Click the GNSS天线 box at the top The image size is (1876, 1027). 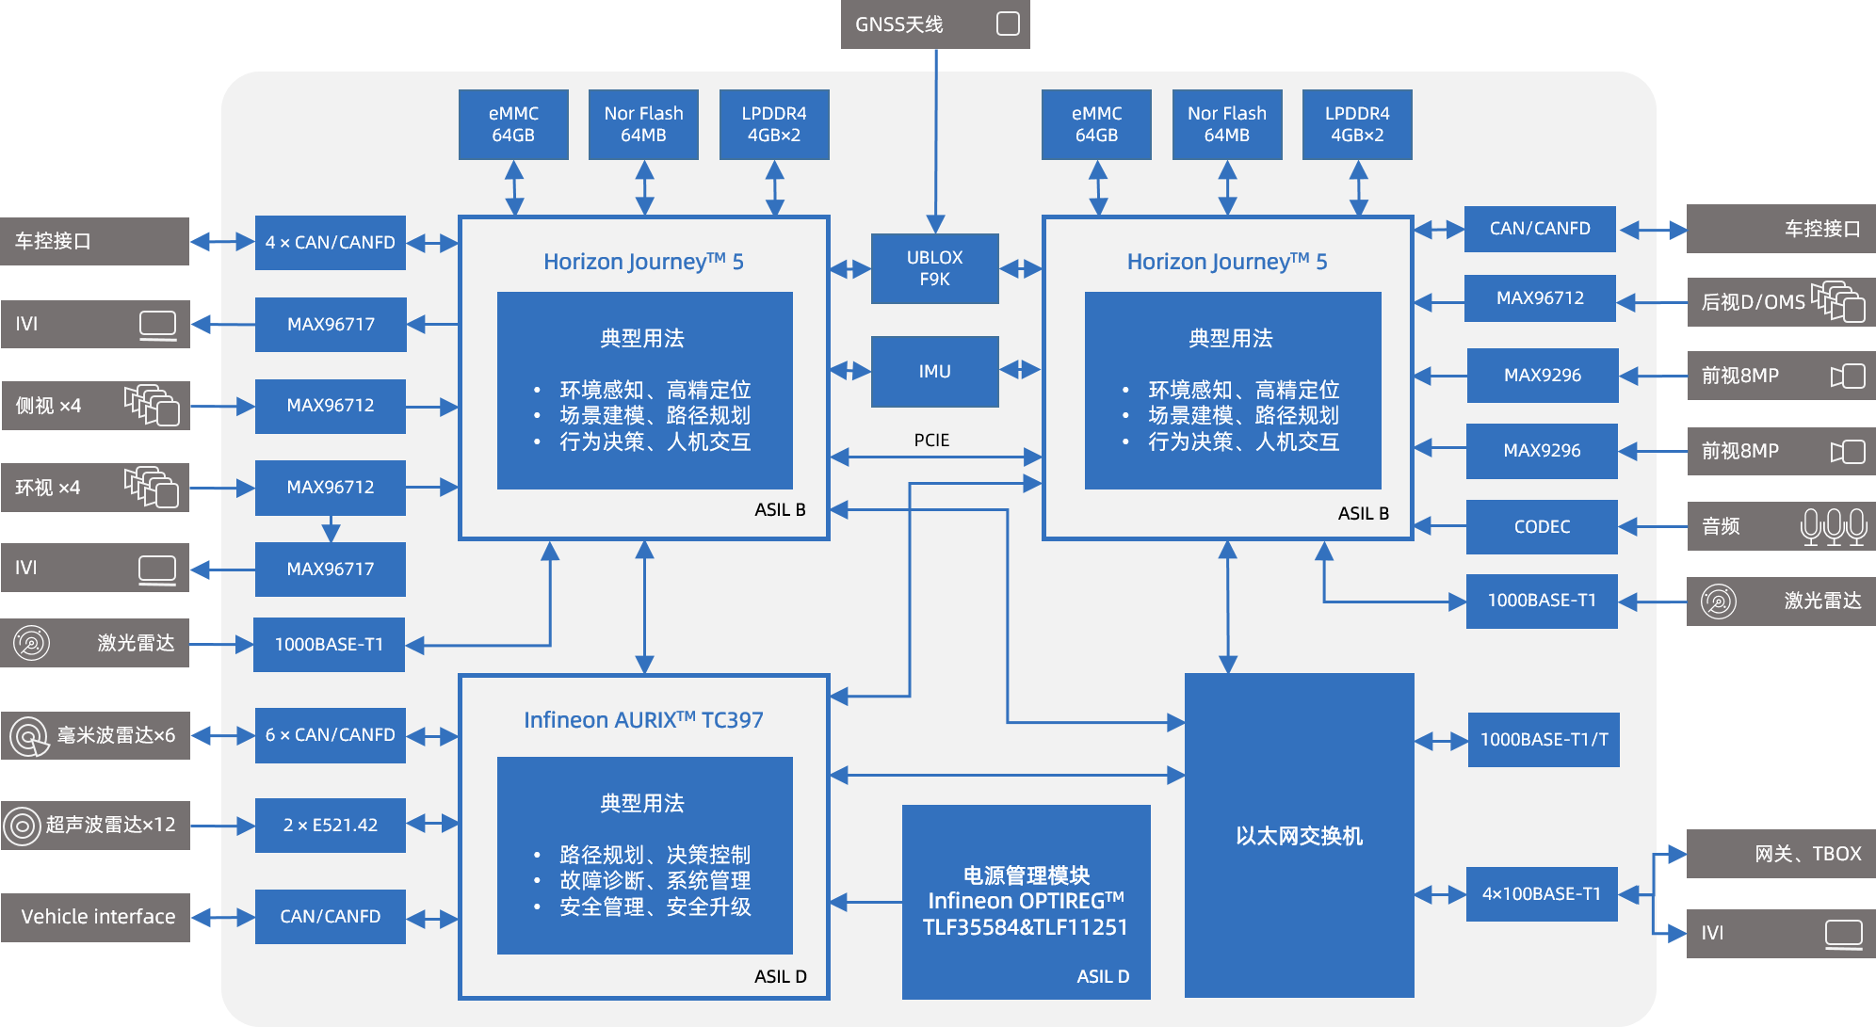pos(934,24)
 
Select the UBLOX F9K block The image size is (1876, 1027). pos(934,268)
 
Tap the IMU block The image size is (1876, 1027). pos(934,372)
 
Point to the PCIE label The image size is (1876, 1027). pos(931,441)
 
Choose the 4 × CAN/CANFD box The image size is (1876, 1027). pos(330,243)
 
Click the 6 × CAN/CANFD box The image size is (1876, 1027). pos(330,735)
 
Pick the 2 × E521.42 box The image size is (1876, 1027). pos(330,826)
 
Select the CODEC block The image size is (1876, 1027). pos(1542,527)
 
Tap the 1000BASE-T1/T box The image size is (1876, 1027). pos(1544,740)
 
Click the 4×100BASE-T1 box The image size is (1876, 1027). pos(1542,894)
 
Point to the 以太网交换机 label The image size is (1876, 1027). pos(1299,836)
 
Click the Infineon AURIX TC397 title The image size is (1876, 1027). pos(643,720)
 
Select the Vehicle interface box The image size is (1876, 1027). pos(96,917)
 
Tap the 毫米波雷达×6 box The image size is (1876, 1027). pos(96,735)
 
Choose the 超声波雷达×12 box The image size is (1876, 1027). pos(96,826)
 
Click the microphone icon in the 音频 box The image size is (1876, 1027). pos(1833,526)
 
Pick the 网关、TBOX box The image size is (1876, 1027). pos(1780,854)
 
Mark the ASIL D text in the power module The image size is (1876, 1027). pos(1103,977)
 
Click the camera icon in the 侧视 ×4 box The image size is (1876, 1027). pos(152,405)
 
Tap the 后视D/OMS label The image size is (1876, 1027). pos(1753,302)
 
